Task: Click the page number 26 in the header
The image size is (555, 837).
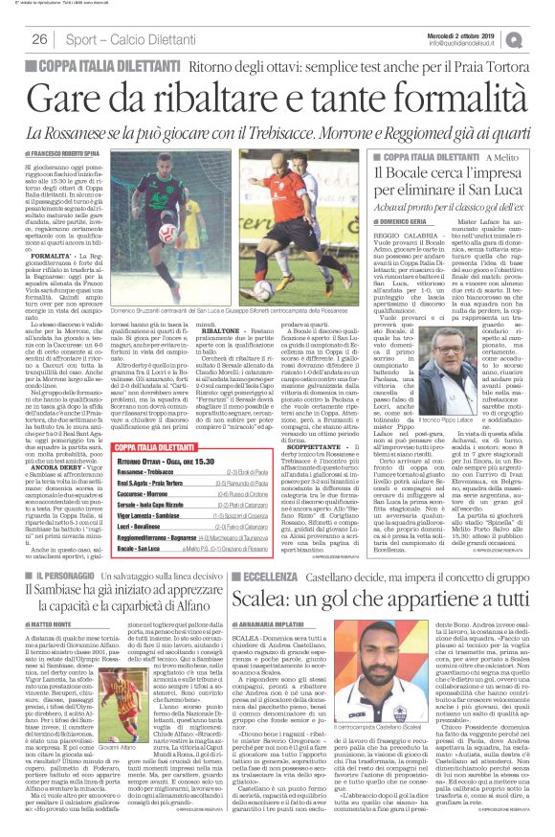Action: coord(39,39)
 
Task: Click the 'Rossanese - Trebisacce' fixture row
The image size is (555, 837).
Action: coord(147,472)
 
